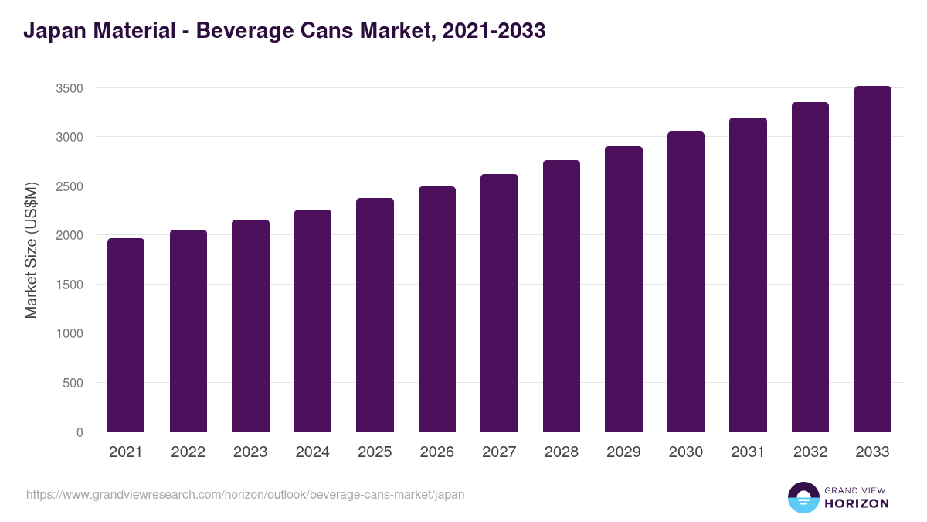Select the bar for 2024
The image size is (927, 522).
[x=313, y=321]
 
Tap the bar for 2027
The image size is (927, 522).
[x=499, y=303]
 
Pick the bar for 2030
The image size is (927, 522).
[x=686, y=281]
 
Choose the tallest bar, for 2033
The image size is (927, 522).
[x=873, y=259]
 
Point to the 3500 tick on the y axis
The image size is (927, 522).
[x=70, y=88]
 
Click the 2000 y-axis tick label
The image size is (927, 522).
[x=70, y=235]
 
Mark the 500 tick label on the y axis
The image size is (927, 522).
[x=73, y=383]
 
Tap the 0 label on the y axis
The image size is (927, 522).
[x=80, y=432]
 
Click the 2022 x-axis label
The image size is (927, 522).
[x=188, y=452]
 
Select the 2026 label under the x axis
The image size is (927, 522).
[x=437, y=452]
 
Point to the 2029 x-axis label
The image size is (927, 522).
[x=623, y=452]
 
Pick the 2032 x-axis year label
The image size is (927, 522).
[x=810, y=452]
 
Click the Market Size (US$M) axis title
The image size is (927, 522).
[x=31, y=249]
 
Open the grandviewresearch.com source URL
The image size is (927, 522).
[x=246, y=494]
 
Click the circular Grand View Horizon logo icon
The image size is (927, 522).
[x=803, y=498]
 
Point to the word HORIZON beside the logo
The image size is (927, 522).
[x=857, y=503]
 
